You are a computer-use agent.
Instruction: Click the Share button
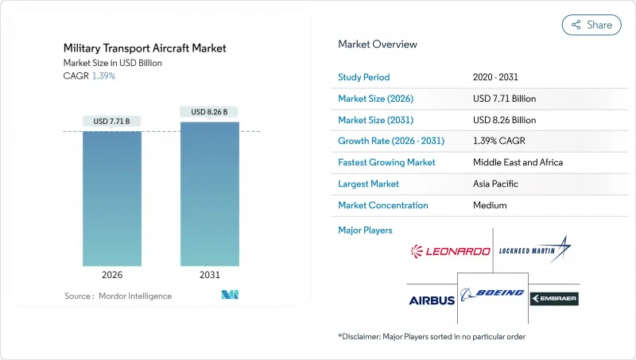(591, 25)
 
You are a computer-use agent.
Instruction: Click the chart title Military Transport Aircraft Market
(145, 48)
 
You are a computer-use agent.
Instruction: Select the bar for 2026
(111, 198)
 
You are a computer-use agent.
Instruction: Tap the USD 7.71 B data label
(111, 122)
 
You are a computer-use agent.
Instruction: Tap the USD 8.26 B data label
(209, 112)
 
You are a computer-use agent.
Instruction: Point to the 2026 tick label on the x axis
(111, 276)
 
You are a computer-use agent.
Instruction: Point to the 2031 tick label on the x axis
(209, 276)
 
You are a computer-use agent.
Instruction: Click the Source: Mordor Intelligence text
(118, 296)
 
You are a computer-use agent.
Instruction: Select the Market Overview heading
(377, 45)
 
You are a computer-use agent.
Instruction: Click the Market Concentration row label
(383, 205)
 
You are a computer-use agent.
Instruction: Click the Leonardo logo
(450, 251)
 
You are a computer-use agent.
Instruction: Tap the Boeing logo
(493, 293)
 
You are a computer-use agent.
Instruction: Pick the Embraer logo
(554, 299)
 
